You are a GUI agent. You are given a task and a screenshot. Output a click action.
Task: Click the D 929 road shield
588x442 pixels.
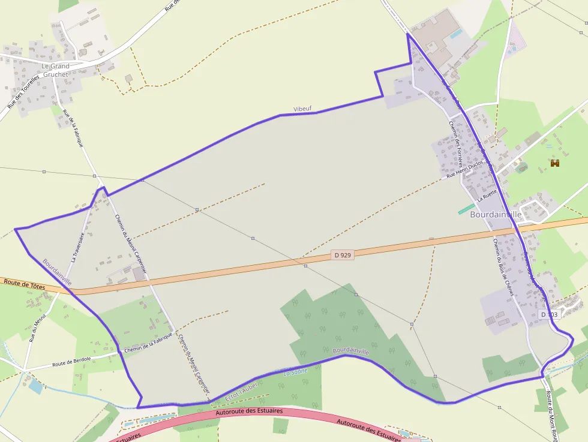343,255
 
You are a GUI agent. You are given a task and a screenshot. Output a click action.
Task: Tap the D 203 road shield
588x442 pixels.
548,314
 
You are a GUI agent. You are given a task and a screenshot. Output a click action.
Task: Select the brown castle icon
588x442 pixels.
555,163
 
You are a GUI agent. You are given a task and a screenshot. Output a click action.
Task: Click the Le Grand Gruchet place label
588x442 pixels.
55,70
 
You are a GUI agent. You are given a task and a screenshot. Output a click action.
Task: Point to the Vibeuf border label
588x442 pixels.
302,109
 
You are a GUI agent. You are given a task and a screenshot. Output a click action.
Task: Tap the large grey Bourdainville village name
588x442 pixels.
496,214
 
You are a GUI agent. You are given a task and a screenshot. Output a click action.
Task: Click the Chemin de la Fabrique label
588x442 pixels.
148,342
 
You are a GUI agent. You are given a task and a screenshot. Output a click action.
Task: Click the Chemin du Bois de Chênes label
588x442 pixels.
503,267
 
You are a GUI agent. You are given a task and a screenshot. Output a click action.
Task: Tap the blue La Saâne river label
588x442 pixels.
295,371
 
